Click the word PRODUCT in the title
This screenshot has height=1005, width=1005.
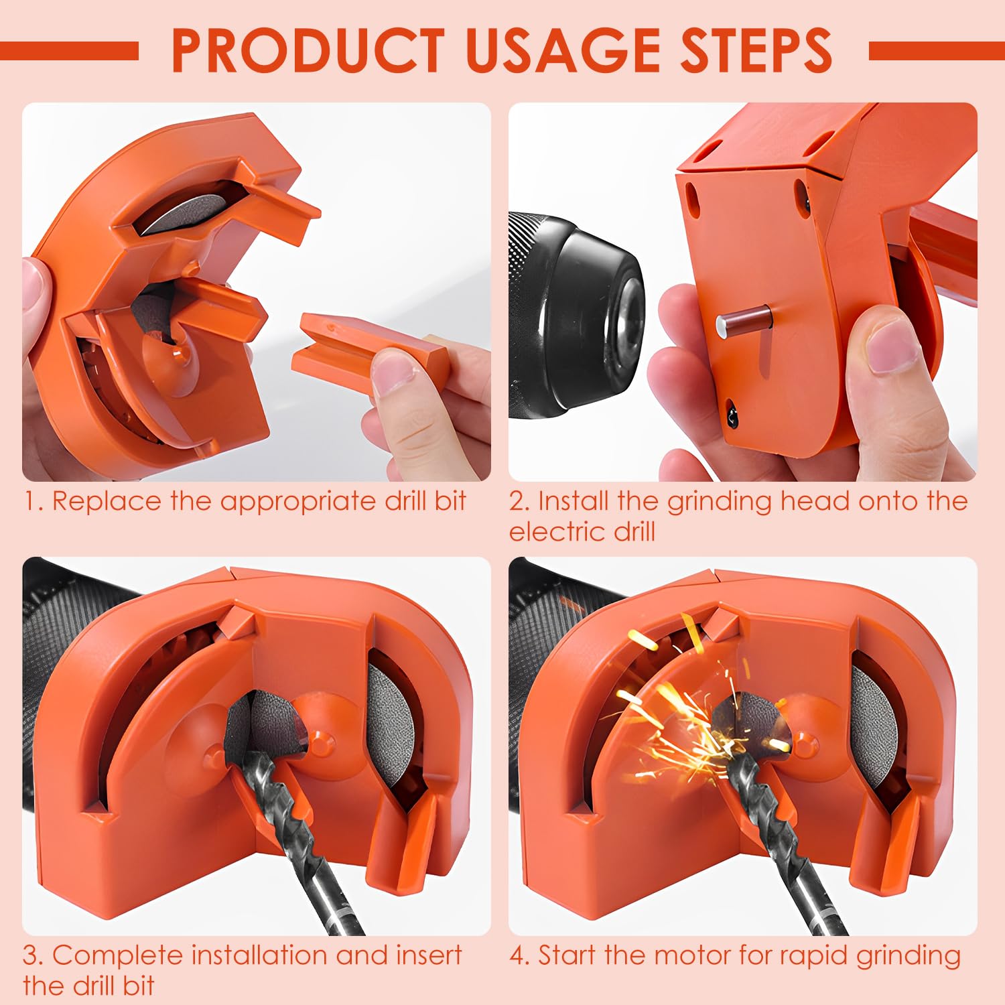pos(308,50)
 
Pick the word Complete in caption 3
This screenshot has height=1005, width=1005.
pos(117,955)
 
